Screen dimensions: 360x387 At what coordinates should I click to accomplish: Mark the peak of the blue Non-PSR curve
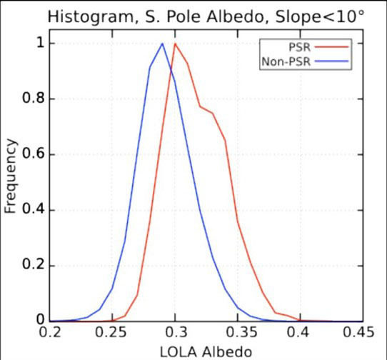click(x=163, y=44)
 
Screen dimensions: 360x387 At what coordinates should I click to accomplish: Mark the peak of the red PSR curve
click(x=175, y=44)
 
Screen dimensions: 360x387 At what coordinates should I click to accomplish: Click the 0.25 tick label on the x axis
click(x=111, y=332)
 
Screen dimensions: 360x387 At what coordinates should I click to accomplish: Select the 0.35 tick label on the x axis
click(x=236, y=332)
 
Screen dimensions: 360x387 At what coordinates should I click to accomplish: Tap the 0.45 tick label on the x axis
click(x=361, y=332)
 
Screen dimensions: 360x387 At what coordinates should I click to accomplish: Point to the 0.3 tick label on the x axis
click(x=175, y=332)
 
